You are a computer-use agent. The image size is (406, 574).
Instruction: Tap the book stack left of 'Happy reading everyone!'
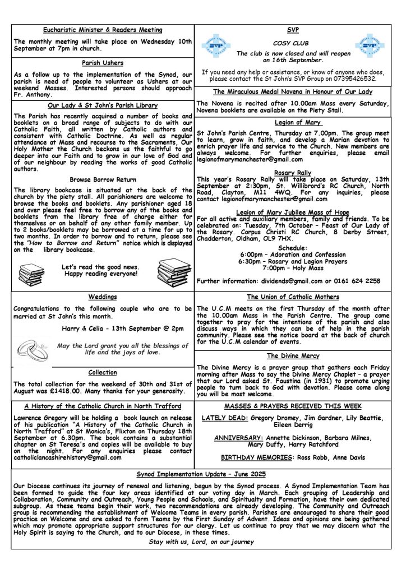31,273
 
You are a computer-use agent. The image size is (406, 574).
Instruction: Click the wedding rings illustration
32,350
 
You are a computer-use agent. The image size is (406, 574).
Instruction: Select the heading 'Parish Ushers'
103,63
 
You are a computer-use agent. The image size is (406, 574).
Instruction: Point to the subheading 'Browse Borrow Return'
103,179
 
